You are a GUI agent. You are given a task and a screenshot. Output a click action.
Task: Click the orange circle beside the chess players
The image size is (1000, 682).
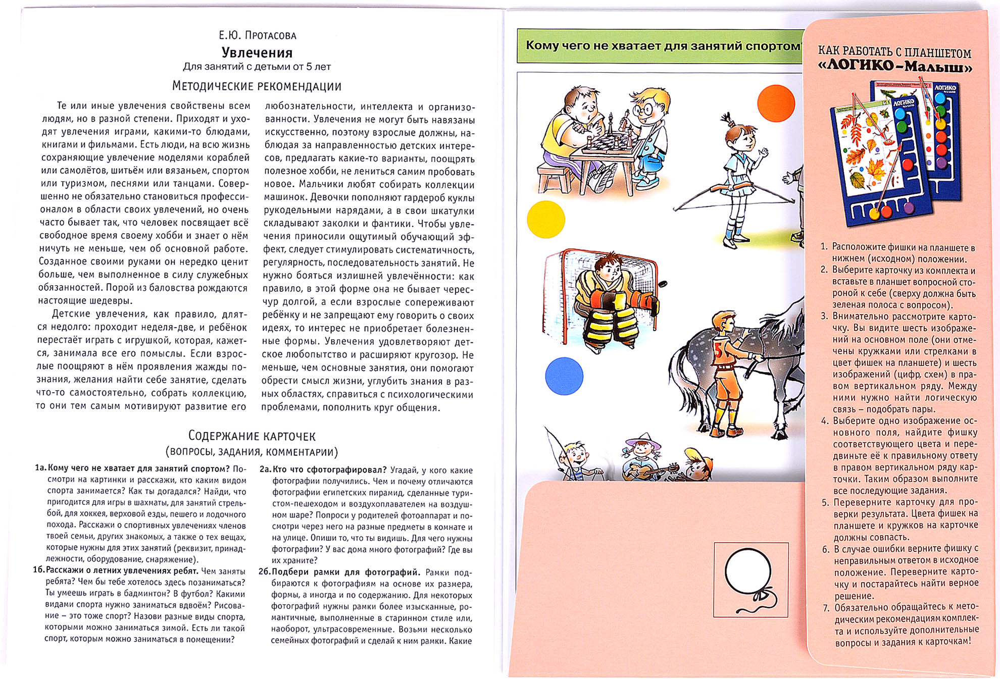coord(776,103)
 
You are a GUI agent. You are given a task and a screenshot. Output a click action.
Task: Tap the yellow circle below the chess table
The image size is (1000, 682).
coord(546,219)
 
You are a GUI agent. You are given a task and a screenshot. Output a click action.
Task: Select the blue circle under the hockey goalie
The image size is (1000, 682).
coord(564,376)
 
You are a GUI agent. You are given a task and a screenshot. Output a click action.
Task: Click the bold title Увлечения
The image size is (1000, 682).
coord(257,53)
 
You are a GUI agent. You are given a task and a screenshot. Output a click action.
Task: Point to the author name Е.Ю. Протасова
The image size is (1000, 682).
coord(257,35)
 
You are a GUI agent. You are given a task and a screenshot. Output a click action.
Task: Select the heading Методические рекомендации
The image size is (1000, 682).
coord(257,86)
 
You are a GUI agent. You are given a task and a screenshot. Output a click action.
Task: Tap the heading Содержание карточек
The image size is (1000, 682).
coord(252,436)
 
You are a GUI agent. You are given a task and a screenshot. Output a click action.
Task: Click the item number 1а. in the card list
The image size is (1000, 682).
coord(40,468)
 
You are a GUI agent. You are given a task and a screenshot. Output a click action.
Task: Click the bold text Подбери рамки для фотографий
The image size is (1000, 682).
coord(345,572)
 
